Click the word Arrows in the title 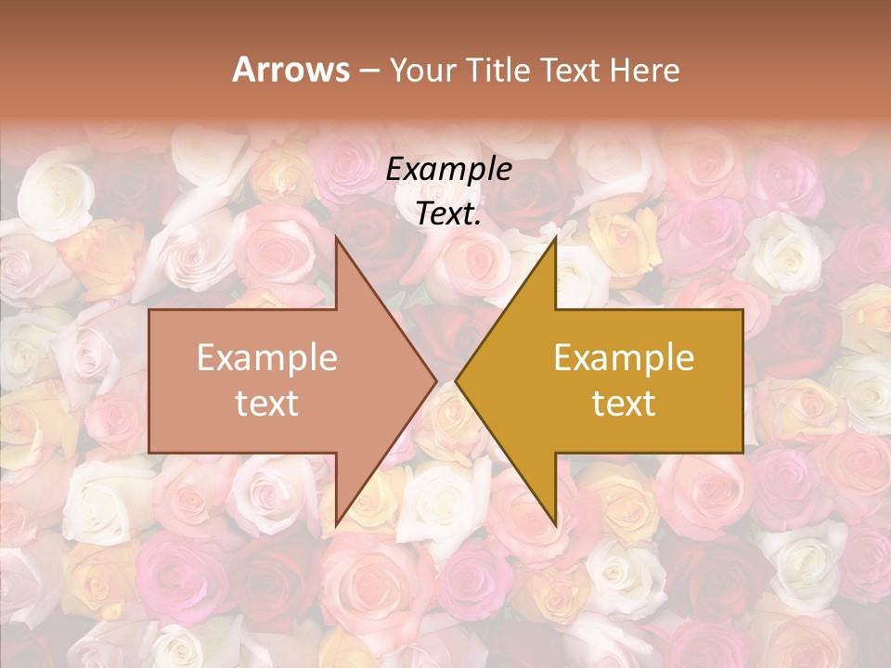pyautogui.click(x=291, y=70)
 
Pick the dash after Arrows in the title pyautogui.click(x=368, y=71)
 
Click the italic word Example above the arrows pyautogui.click(x=449, y=169)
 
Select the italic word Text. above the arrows pyautogui.click(x=449, y=213)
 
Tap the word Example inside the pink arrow pyautogui.click(x=267, y=358)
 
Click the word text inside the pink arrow pyautogui.click(x=267, y=403)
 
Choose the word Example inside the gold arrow pyautogui.click(x=624, y=358)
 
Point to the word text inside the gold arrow pyautogui.click(x=624, y=403)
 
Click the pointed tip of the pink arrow pyautogui.click(x=436, y=380)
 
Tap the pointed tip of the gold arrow pyautogui.click(x=456, y=380)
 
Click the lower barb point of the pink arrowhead pyautogui.click(x=336, y=525)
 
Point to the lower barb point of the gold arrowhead pyautogui.click(x=555, y=525)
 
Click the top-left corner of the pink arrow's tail pyautogui.click(x=149, y=310)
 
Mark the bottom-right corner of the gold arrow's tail pyautogui.click(x=742, y=453)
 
